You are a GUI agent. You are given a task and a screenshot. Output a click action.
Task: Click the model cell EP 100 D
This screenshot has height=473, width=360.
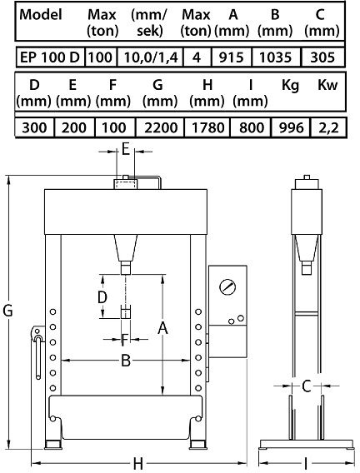coord(50,57)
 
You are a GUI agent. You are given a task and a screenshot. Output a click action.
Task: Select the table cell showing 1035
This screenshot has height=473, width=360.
coord(276,57)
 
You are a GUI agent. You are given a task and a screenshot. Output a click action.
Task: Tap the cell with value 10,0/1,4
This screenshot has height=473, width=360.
coord(150,57)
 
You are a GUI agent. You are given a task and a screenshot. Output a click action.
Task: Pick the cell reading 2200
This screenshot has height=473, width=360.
coord(160,127)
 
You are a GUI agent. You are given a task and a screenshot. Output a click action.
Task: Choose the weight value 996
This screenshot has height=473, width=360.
coord(290,127)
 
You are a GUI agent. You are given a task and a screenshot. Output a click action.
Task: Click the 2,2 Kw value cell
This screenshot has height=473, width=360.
coord(328,127)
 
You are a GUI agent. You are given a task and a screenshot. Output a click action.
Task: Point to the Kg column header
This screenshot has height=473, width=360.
coord(290,86)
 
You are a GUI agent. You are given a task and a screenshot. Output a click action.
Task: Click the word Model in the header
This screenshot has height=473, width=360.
coord(41,14)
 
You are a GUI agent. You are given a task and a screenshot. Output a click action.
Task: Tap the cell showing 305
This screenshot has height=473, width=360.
coord(322,57)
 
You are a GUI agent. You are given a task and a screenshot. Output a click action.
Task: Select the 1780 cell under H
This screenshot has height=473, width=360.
coord(207,127)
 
